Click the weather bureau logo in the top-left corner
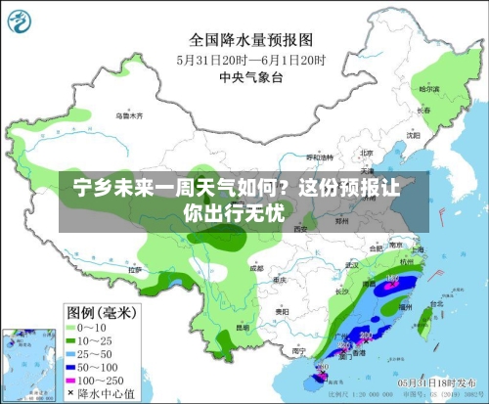[23, 22]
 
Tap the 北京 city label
[366, 153]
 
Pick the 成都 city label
[255, 266]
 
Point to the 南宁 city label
[299, 348]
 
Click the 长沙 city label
[342, 292]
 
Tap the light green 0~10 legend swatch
[71, 326]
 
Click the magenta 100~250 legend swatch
[71, 377]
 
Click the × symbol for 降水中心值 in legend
[71, 391]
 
